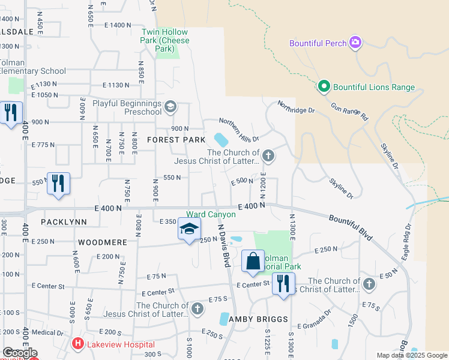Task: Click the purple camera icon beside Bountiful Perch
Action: (x=356, y=43)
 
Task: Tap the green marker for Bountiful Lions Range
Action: (x=324, y=87)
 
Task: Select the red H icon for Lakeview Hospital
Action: (x=77, y=344)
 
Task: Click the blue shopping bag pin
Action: (x=253, y=262)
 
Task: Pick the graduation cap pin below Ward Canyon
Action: (x=189, y=230)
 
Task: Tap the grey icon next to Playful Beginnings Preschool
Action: (x=170, y=107)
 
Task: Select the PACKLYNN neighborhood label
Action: (x=64, y=222)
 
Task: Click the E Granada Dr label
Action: (x=318, y=315)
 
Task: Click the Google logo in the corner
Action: (x=19, y=353)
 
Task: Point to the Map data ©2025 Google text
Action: (x=411, y=355)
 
